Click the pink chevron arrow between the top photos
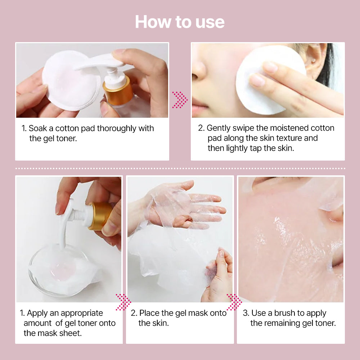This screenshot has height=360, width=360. [x=180, y=100]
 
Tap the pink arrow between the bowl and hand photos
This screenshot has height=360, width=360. [x=123, y=302]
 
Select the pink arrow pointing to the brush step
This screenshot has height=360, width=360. [x=234, y=302]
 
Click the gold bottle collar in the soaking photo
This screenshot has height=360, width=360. [x=118, y=93]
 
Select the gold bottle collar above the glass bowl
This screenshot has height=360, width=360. [x=99, y=216]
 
